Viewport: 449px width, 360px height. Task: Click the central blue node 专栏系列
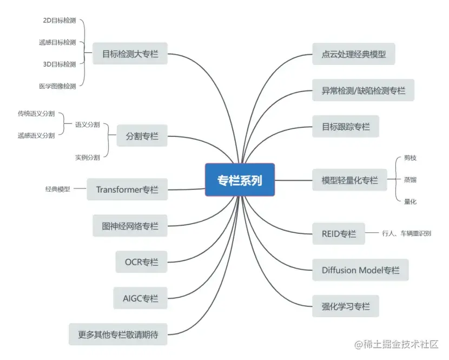240,180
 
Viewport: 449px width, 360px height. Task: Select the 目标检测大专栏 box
130,54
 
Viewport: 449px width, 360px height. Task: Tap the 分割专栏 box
142,135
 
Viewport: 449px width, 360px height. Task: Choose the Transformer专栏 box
127,189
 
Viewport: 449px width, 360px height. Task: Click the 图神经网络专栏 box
130,226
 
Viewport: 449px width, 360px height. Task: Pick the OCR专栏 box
142,262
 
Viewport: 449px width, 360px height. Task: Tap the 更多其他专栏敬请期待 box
118,334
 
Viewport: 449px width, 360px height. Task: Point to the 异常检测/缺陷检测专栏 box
362,90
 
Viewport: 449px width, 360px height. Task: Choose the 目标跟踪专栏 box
345,126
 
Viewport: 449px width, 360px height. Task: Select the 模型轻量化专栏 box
349,180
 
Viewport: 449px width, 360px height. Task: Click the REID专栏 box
338,234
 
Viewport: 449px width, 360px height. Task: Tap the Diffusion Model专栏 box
360,270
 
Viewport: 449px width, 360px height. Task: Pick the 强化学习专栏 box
345,306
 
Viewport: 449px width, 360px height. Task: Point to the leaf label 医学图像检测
57,86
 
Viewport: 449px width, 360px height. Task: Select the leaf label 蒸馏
410,179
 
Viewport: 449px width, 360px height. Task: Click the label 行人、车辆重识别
406,234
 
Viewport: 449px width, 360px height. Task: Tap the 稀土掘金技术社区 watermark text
399,345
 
